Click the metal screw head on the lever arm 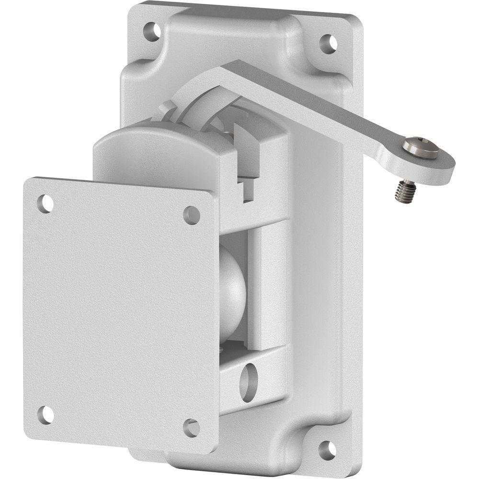click(420, 147)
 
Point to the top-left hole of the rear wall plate click(152, 31)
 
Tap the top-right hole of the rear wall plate click(328, 44)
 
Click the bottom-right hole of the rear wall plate click(327, 449)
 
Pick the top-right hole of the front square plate click(192, 215)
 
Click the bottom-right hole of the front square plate click(191, 427)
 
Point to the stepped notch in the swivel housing click(247, 189)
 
